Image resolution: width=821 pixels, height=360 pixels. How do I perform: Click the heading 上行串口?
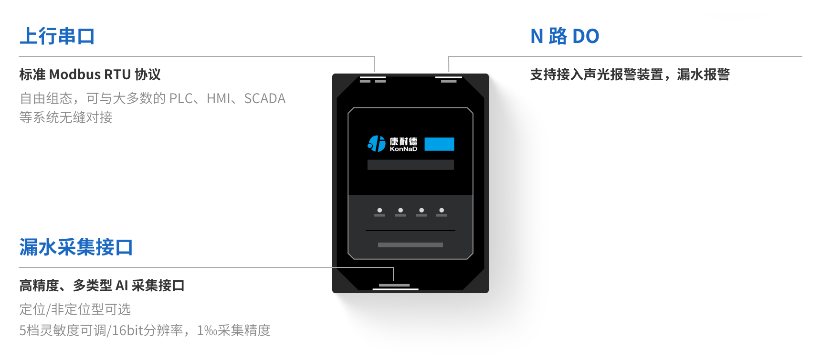(x=57, y=36)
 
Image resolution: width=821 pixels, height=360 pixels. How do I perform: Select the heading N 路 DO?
(x=565, y=36)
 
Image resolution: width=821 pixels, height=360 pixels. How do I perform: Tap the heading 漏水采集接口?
(x=76, y=247)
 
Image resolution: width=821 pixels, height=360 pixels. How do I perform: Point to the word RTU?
(x=117, y=74)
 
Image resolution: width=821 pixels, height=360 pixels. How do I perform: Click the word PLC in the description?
(x=181, y=98)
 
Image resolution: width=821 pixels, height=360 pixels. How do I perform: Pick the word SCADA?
(x=264, y=98)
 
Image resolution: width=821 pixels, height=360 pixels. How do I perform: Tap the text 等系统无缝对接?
(x=66, y=117)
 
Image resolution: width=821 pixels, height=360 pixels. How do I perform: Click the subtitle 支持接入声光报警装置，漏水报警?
(x=630, y=74)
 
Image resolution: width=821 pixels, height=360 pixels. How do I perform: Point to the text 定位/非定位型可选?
(x=75, y=309)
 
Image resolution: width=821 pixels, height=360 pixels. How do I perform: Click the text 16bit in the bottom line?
(x=127, y=330)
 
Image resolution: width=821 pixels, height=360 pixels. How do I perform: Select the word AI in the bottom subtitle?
(x=122, y=286)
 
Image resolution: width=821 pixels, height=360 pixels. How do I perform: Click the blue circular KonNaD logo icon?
(x=376, y=143)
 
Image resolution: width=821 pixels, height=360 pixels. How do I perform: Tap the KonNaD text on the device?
(x=403, y=149)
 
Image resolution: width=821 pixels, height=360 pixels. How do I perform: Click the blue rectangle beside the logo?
(x=439, y=144)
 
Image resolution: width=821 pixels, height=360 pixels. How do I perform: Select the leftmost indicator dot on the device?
(x=379, y=210)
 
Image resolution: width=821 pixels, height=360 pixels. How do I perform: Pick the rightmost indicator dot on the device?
(x=442, y=210)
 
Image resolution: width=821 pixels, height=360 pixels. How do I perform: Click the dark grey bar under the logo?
(x=410, y=165)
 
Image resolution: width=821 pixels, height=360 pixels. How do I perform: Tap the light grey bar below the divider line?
(x=410, y=245)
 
